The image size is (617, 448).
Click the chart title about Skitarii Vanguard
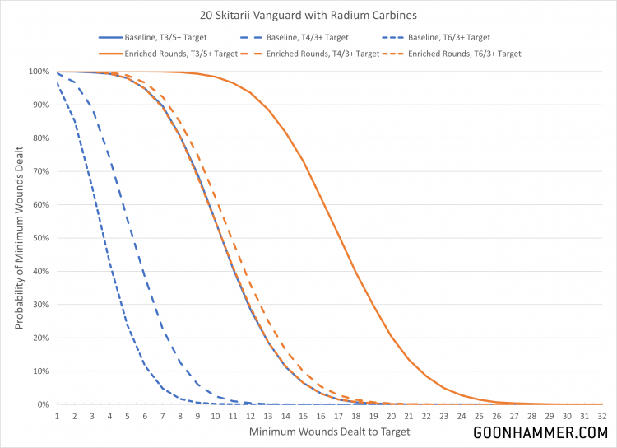click(308, 14)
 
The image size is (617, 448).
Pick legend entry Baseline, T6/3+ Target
click(450, 38)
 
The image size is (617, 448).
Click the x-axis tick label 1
click(57, 416)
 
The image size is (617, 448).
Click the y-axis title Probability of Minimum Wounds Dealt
click(18, 237)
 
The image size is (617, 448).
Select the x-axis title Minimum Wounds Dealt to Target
click(329, 432)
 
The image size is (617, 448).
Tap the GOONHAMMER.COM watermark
click(540, 432)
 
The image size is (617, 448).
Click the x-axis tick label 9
click(197, 416)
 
